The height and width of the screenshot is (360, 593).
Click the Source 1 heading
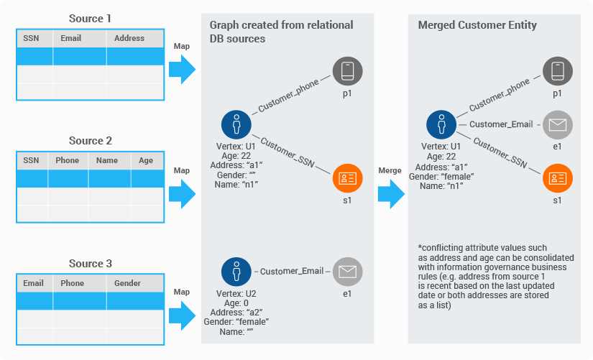(x=90, y=18)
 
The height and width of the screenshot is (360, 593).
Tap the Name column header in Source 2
(x=106, y=161)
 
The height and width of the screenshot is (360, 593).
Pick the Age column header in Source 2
(x=146, y=161)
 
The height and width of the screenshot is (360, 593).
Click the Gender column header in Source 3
(x=127, y=283)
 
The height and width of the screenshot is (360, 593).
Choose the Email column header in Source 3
(x=33, y=283)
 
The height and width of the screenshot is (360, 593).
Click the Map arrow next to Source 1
(x=182, y=70)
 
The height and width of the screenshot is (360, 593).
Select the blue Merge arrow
(x=390, y=193)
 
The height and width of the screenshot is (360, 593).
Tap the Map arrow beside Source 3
(x=182, y=315)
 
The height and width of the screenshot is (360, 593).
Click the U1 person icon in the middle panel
(x=236, y=124)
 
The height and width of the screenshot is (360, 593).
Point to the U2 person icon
(x=236, y=272)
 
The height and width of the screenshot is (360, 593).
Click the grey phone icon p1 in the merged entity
(x=557, y=71)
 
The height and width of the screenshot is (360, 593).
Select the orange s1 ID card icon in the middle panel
(x=347, y=177)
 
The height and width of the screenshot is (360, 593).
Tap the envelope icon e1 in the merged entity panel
(x=557, y=125)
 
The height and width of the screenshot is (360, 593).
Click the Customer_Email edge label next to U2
(x=292, y=272)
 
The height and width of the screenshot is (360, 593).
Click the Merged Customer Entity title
(x=477, y=25)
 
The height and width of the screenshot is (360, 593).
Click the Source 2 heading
(x=90, y=141)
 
